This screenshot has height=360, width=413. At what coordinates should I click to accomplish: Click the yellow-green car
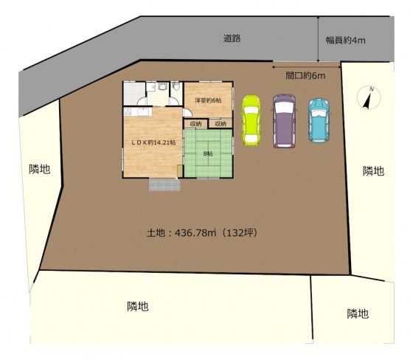251,120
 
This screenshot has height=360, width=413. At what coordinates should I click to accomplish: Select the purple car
284,121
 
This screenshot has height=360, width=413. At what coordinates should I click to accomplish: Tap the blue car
319,120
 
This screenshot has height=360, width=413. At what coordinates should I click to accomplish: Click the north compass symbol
369,98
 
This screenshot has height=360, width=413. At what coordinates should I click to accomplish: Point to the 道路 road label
232,38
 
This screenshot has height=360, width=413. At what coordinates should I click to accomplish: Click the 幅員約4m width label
345,41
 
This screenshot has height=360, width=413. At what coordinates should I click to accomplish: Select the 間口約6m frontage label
305,76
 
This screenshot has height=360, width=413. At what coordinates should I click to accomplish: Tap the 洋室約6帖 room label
208,100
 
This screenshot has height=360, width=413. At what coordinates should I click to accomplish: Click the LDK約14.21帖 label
154,142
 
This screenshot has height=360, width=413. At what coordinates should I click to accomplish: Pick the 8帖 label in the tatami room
208,153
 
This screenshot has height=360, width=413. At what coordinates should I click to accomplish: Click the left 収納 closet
195,124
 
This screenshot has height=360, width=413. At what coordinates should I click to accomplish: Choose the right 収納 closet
221,124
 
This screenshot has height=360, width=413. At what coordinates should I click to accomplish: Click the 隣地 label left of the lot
40,169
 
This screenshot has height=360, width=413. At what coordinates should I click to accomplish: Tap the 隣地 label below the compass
373,171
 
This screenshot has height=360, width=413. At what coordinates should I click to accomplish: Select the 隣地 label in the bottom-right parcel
358,314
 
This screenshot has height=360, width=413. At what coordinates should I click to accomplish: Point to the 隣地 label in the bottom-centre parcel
138,306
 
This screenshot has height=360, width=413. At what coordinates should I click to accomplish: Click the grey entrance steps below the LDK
164,184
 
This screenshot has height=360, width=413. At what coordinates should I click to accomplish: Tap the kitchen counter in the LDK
138,111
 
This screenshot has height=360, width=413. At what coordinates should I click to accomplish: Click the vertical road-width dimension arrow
319,39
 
